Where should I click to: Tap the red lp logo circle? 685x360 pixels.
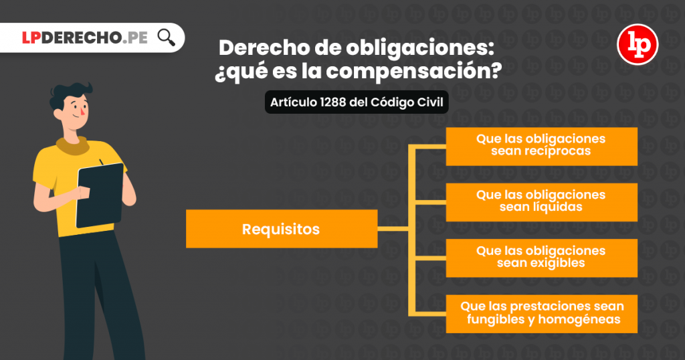click(x=638, y=44)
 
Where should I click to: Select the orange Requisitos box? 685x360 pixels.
click(x=281, y=230)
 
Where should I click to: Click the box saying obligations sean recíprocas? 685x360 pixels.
click(x=541, y=146)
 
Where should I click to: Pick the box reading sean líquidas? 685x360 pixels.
click(x=541, y=201)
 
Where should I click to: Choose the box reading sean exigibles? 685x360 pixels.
click(x=541, y=258)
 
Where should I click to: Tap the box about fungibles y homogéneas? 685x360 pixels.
click(x=541, y=313)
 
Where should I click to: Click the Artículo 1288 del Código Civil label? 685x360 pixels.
click(x=357, y=103)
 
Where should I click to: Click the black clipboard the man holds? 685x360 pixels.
click(x=100, y=194)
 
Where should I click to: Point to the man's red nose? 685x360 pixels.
click(x=82, y=112)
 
